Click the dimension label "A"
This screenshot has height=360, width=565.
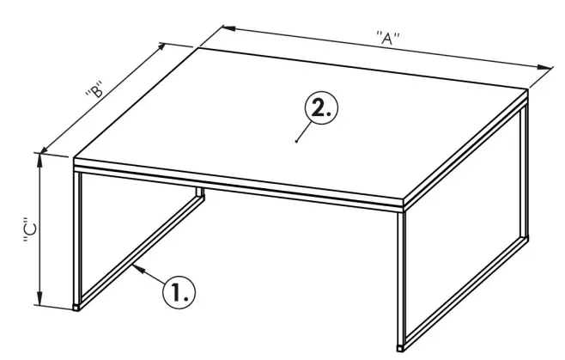coord(389,39)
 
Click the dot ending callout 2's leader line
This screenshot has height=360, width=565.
coord(296,140)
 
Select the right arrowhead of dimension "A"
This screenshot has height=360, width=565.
coord(546,68)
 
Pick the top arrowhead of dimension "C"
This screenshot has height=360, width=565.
coord(39,156)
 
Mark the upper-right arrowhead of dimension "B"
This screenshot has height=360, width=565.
coord(166,45)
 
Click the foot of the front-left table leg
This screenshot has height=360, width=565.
coord(79,305)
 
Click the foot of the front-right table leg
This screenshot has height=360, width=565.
coord(400,347)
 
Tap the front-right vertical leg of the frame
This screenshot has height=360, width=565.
coord(400,275)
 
